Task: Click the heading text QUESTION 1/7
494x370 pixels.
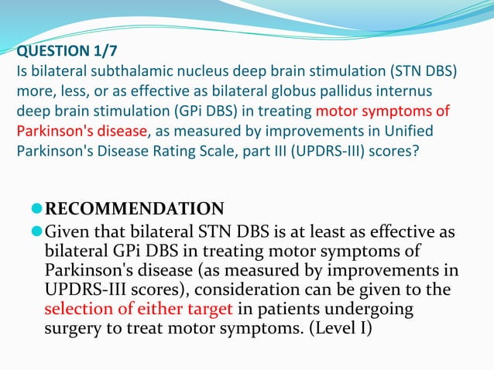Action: (x=63, y=53)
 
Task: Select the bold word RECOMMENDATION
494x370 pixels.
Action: (x=135, y=209)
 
